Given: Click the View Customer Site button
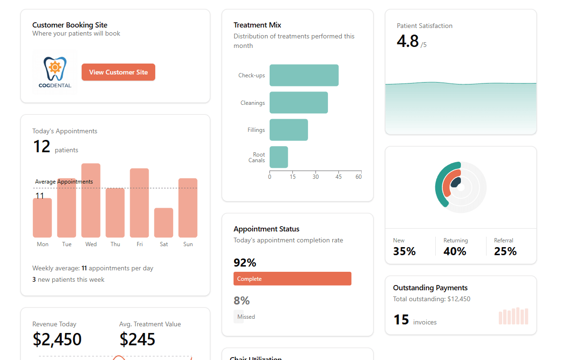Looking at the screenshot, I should coord(118,72).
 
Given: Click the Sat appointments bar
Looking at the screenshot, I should coord(164,222).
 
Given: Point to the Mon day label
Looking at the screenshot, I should coord(43,244).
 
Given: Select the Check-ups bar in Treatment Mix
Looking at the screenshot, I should coord(304,75).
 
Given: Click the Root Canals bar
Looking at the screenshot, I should coord(279,157).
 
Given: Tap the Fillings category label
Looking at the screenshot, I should coord(256,130).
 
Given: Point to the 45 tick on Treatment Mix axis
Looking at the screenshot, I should coord(338,177).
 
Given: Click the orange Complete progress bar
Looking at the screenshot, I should coord(292,279).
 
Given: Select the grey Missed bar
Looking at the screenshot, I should coord(239,316).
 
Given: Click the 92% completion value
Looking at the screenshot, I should coord(245,262).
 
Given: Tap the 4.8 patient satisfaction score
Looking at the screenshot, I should coord(408,41).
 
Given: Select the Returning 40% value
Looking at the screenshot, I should coord(455,251).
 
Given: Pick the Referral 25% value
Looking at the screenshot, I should coord(505,251).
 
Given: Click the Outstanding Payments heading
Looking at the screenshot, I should coord(430,288).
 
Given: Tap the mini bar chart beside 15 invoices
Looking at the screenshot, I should coord(513,316).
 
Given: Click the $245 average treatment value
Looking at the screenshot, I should coord(137,339).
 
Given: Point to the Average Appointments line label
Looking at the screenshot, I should coord(64,182).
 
